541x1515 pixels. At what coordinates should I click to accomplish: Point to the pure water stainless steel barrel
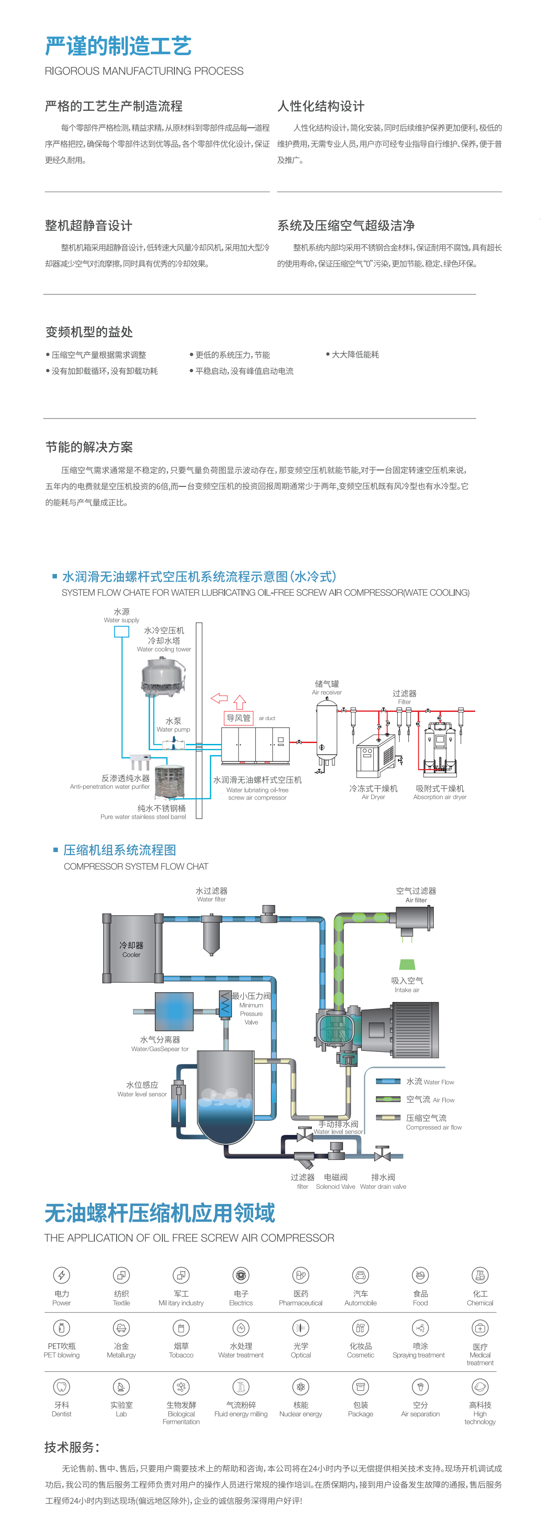point(170,782)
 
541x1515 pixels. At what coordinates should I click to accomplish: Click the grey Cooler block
point(132,949)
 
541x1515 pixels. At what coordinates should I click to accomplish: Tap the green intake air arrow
point(407,965)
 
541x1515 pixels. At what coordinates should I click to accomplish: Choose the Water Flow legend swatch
point(388,1081)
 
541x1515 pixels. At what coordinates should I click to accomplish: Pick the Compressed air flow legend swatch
point(388,1117)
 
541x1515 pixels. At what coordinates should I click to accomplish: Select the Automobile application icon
point(360,1275)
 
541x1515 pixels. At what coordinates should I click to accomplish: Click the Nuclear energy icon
point(300,1387)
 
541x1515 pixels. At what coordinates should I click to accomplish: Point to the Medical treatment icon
point(480,1328)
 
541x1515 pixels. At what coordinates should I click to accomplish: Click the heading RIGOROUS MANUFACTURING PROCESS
point(144,71)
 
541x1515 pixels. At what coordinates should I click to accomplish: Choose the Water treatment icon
point(241,1328)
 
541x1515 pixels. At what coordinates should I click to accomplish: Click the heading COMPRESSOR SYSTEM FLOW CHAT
point(136,866)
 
